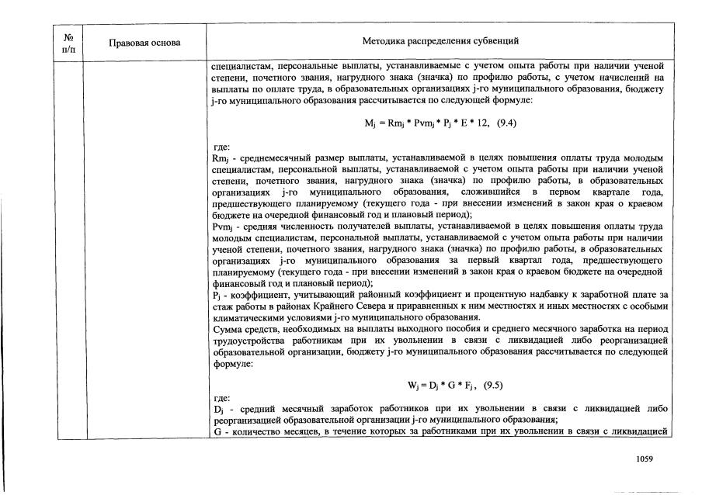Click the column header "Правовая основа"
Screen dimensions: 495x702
point(145,42)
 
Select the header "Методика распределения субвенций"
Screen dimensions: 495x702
point(440,41)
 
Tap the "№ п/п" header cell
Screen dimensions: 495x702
point(68,42)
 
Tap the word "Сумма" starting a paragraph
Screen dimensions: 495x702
point(228,330)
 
